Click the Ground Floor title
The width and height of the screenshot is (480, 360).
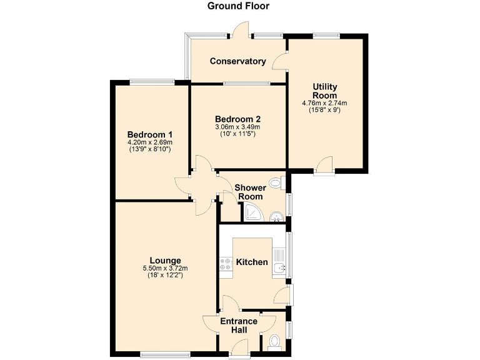(x=238, y=6)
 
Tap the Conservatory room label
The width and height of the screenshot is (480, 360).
(x=237, y=61)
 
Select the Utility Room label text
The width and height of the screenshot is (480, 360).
(x=325, y=91)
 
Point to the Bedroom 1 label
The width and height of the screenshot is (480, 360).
(x=149, y=134)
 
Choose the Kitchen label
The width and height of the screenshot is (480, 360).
(x=252, y=262)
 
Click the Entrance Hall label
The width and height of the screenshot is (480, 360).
(x=238, y=326)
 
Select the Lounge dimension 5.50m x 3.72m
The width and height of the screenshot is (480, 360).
(x=165, y=269)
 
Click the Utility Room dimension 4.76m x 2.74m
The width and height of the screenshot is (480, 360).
(x=325, y=103)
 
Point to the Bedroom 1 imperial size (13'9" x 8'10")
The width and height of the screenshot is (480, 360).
(x=149, y=149)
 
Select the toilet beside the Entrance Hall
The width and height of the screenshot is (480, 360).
(x=274, y=342)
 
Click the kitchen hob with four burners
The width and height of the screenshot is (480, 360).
(x=224, y=265)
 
